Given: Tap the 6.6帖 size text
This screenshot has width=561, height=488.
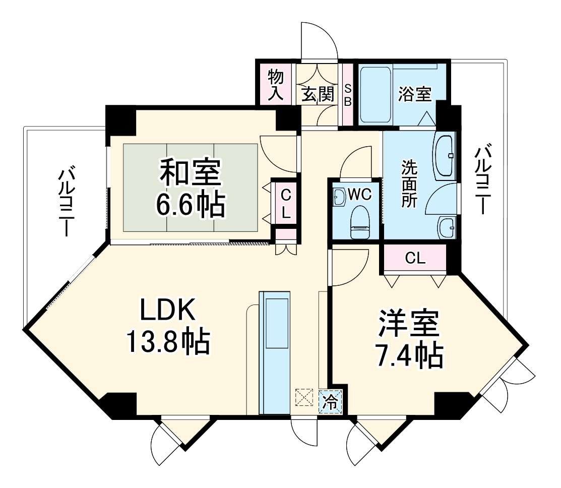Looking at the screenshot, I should (190, 204).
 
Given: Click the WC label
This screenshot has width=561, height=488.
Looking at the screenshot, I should (360, 194).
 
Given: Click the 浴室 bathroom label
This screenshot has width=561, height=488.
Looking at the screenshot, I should (414, 94).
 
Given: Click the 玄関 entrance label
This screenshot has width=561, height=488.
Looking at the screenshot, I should (318, 94).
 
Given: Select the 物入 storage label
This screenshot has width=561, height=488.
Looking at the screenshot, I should (276, 86).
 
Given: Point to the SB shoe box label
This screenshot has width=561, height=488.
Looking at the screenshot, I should (347, 95).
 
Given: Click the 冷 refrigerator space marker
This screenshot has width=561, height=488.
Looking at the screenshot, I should (331, 402).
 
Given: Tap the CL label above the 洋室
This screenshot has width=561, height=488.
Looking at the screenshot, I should (415, 259).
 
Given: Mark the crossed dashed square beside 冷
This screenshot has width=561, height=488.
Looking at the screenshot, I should (303, 397).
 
